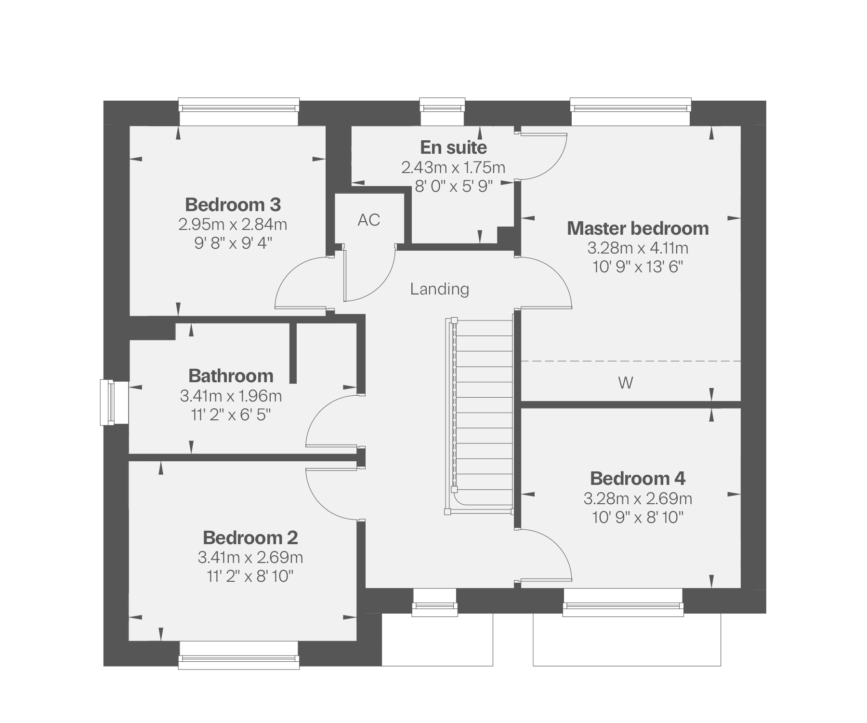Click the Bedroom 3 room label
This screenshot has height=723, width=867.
(x=233, y=205)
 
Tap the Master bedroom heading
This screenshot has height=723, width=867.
(x=638, y=228)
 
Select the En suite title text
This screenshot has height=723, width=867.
(x=453, y=147)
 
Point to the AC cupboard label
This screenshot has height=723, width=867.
(x=369, y=220)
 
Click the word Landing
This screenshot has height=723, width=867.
(x=440, y=289)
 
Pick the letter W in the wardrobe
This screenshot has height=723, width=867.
(x=625, y=383)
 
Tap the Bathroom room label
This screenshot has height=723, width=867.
(x=231, y=376)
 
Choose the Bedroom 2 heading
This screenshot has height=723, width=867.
(x=250, y=537)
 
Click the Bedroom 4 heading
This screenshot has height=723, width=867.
(x=638, y=479)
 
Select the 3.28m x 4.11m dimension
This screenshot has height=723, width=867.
(x=638, y=248)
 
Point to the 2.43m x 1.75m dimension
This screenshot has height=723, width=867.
(x=453, y=168)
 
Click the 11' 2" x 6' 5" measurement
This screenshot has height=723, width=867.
(x=231, y=415)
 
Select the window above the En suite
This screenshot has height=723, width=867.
(x=442, y=112)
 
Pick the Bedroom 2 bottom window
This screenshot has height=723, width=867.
(x=239, y=655)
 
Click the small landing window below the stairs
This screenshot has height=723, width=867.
(x=434, y=602)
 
